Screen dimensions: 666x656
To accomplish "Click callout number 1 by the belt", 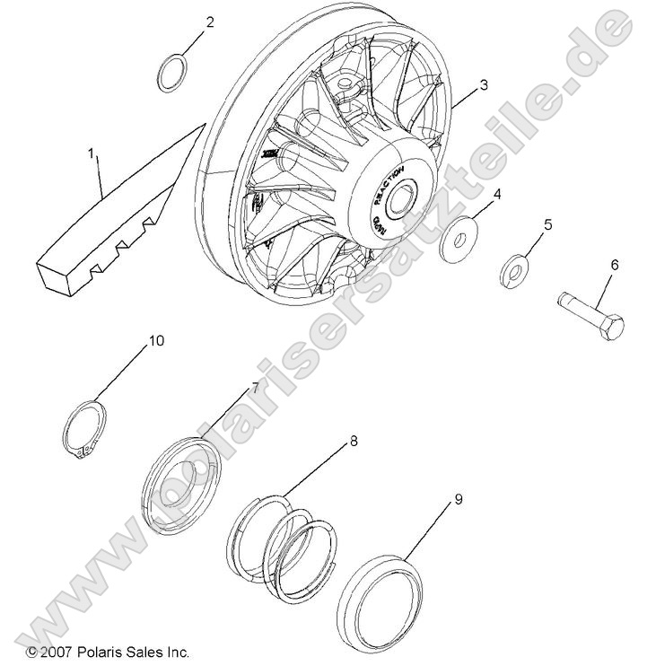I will tap(92, 154).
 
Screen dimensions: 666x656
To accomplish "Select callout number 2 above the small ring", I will tap(210, 22).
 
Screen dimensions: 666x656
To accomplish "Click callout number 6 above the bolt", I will tap(615, 265).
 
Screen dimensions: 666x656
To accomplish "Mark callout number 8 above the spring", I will tap(354, 442).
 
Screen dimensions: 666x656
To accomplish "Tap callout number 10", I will tap(156, 341).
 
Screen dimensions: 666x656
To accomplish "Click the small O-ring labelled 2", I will tap(171, 74).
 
